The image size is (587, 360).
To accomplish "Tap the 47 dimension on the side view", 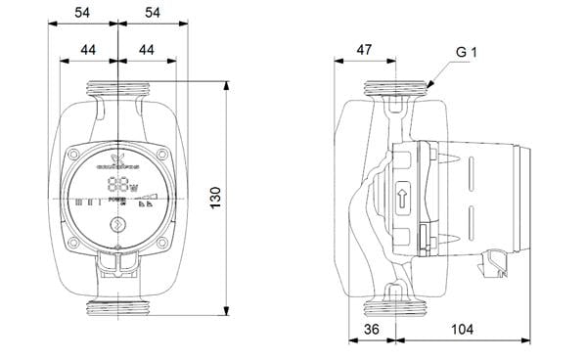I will (x=365, y=49).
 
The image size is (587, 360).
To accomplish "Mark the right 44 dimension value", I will (x=147, y=49).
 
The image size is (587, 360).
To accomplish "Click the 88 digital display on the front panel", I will (x=116, y=186).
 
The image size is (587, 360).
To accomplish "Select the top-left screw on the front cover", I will (x=76, y=155).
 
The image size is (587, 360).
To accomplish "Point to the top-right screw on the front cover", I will (x=159, y=155).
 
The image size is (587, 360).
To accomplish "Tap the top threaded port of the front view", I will (x=117, y=91).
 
